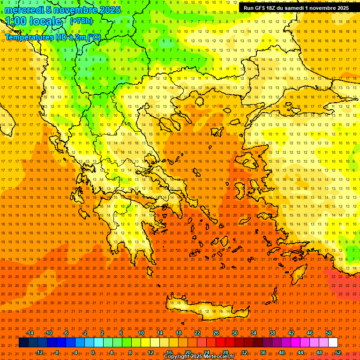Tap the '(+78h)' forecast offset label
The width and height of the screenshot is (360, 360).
pos(81,21)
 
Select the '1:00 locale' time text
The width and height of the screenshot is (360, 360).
pos(34,22)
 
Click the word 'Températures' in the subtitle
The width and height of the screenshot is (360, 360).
pos(27,37)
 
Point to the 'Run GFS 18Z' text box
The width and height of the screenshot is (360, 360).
pos(296,8)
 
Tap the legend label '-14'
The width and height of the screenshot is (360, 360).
pos(30,333)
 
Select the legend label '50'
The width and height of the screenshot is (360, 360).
pos(328,333)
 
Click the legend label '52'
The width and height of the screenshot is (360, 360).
pos(338,352)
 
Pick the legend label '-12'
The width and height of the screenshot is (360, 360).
pos(39,352)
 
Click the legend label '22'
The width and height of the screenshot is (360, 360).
pos(197,333)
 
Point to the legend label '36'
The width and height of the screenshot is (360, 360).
pos(263,352)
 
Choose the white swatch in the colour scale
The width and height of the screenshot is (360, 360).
pos(333,343)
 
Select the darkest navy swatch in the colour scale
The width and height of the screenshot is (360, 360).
pos(23,343)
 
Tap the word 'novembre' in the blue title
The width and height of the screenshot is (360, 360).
pos(75,10)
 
